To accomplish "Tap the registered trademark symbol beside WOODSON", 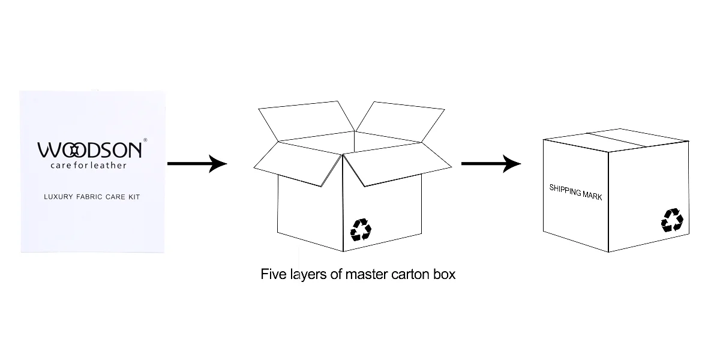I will pyautogui.click(x=145, y=140).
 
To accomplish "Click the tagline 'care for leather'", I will pyautogui.click(x=88, y=166).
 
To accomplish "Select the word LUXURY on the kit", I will pyautogui.click(x=59, y=197).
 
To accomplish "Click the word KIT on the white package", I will pyautogui.click(x=133, y=197).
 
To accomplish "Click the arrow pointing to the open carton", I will pyautogui.click(x=197, y=163).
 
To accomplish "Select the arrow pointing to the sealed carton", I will pyautogui.click(x=491, y=163).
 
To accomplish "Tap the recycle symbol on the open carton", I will pyautogui.click(x=361, y=229).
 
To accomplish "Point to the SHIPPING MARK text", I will pyautogui.click(x=575, y=192).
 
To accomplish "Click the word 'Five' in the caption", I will pyautogui.click(x=271, y=275).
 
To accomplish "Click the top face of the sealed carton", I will pyautogui.click(x=615, y=139).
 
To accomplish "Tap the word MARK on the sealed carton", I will pyautogui.click(x=592, y=195).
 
